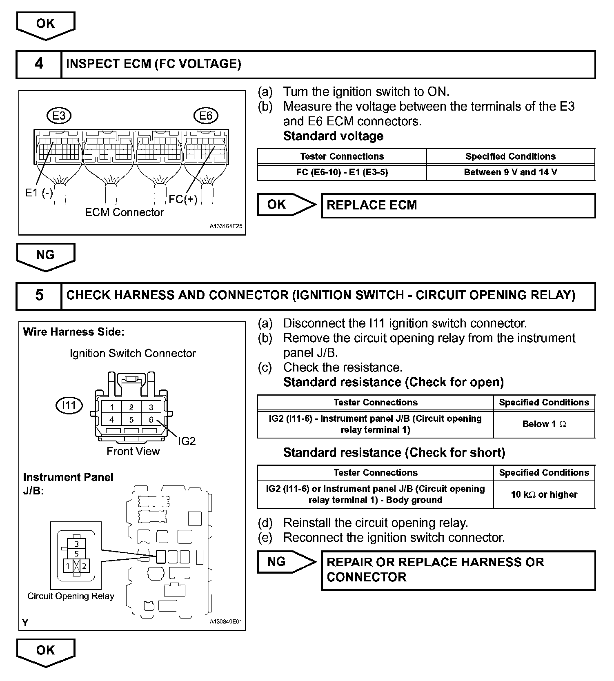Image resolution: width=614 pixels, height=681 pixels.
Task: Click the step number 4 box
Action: coord(39,64)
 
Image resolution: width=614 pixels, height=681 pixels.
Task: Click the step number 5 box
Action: coord(39,295)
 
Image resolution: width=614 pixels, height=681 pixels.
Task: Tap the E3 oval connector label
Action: coord(59,116)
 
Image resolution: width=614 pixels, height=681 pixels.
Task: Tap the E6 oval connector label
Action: coord(206,116)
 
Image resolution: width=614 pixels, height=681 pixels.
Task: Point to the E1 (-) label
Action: coord(39,193)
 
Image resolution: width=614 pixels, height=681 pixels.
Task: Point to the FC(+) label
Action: coord(183,199)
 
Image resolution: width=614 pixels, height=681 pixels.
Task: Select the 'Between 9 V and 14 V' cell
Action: coord(510,172)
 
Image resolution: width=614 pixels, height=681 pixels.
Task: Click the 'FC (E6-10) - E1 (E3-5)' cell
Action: coord(342,172)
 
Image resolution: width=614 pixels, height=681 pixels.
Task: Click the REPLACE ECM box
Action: coord(458,205)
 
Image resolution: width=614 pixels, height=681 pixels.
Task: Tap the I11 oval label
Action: coord(69,405)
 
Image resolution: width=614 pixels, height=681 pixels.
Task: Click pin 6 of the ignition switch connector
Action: coord(151,419)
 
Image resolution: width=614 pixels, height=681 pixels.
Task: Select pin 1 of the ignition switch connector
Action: coord(111,407)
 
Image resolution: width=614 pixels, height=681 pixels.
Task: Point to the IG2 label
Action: coord(187,441)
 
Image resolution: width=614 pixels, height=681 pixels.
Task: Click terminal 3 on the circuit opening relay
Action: coord(76,544)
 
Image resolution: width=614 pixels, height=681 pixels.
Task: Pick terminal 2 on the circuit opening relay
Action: coord(84,566)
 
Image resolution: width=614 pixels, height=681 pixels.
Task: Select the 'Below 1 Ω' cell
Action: coord(544,424)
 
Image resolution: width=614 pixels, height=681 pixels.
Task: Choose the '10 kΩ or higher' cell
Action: coord(544,494)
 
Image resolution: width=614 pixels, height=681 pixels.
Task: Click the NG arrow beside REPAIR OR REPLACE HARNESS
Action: coord(286,562)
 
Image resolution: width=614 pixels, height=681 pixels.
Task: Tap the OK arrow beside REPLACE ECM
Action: coord(286,205)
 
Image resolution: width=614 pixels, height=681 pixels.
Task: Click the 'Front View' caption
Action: coord(133,451)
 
